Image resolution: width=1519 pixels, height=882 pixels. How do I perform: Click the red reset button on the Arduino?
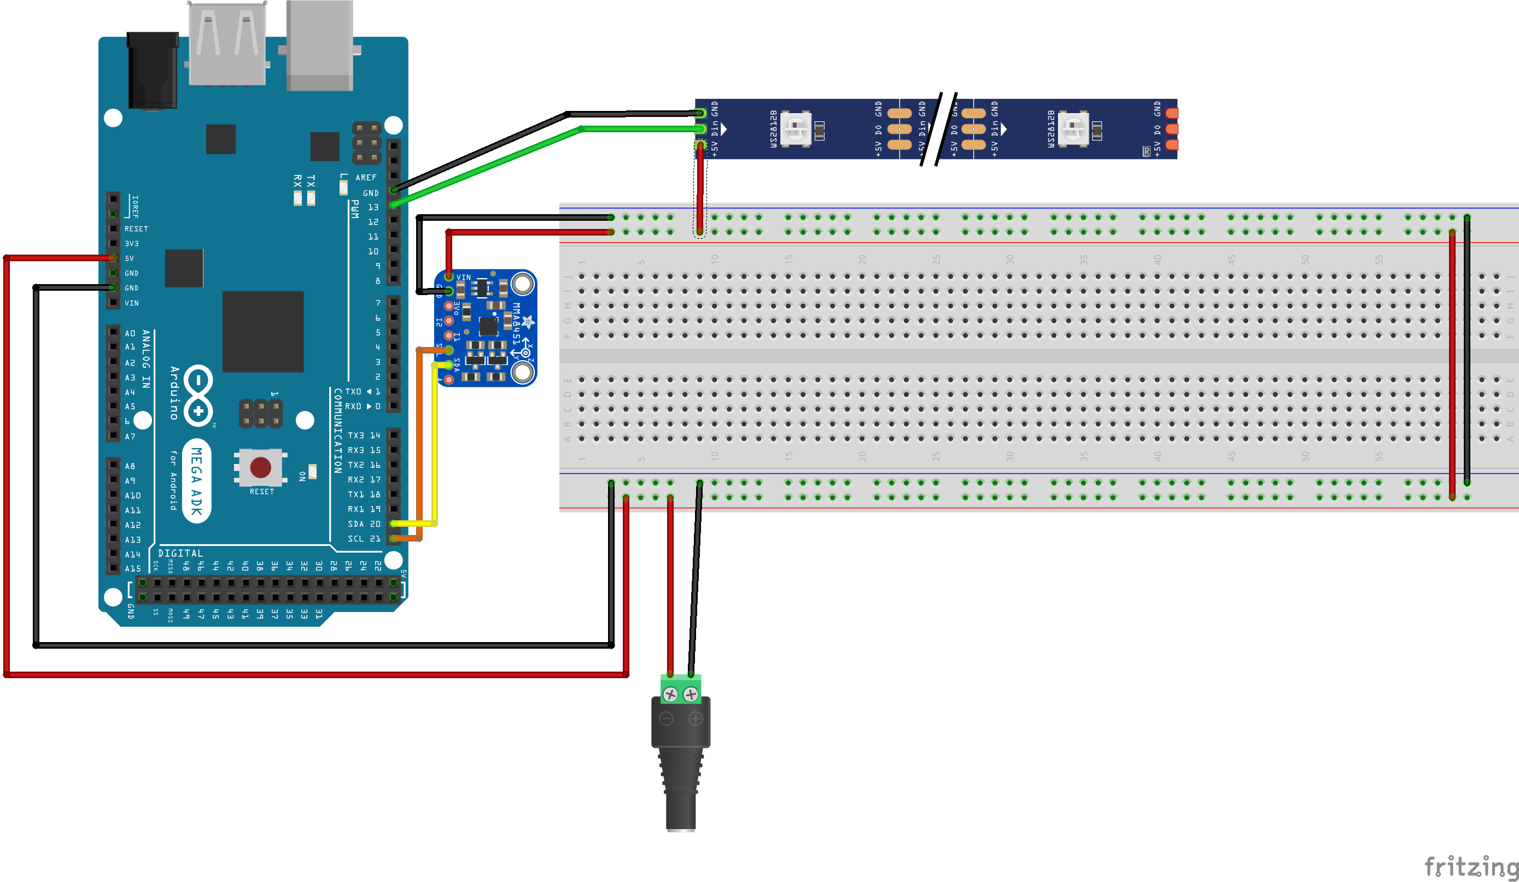click(x=260, y=467)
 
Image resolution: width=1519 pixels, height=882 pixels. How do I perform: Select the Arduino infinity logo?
click(x=198, y=396)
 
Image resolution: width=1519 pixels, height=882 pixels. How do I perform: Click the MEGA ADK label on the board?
click(x=196, y=481)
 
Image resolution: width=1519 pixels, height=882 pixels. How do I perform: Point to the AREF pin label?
click(x=365, y=178)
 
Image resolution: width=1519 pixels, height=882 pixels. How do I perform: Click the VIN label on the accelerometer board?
click(x=464, y=278)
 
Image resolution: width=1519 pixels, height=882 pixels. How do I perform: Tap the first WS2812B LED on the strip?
click(x=796, y=128)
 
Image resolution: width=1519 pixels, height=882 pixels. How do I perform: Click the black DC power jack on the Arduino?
click(x=153, y=70)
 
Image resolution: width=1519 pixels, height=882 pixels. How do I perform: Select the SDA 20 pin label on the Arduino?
click(x=364, y=524)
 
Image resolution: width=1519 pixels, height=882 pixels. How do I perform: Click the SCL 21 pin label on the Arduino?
click(x=364, y=539)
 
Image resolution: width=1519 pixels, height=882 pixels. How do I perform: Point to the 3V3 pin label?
click(x=131, y=244)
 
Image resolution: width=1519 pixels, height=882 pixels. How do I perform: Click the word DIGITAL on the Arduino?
click(x=180, y=553)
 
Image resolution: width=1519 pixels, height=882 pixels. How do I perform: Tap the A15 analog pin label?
click(x=133, y=569)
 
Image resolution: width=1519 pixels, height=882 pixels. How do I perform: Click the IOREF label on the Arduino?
click(x=135, y=206)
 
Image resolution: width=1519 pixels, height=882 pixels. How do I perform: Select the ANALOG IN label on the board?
click(x=146, y=358)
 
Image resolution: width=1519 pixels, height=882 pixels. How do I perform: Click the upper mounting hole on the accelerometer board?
click(x=523, y=283)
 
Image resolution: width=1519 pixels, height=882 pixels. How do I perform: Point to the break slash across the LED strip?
click(x=939, y=129)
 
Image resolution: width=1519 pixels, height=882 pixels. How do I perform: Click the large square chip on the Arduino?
click(x=263, y=331)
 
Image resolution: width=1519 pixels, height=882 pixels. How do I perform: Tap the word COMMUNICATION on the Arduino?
click(x=337, y=430)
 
